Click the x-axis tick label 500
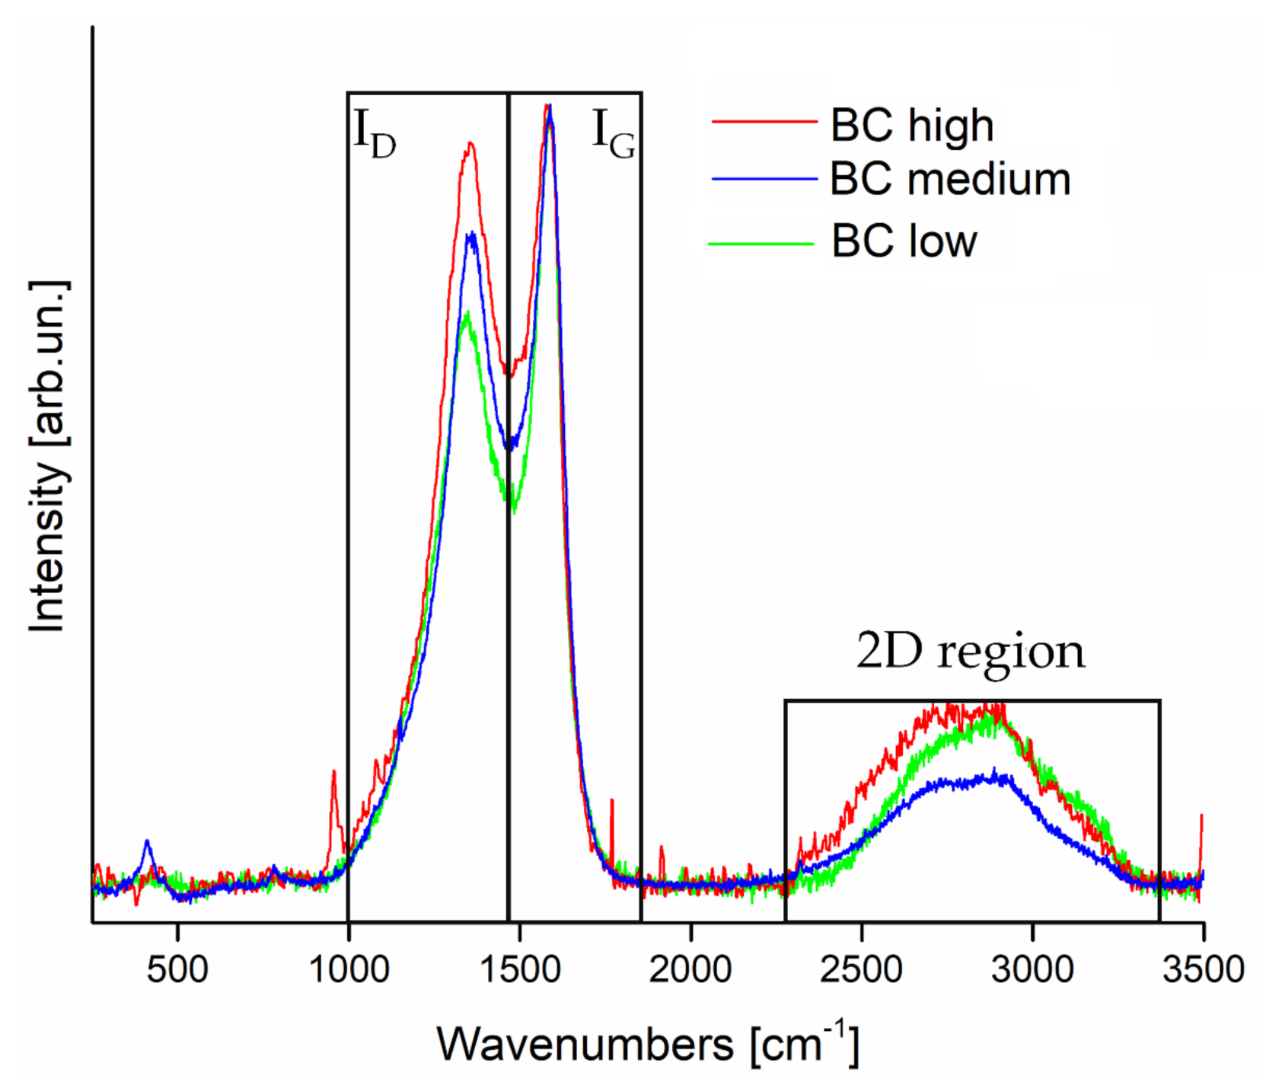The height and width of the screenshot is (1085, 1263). click(177, 969)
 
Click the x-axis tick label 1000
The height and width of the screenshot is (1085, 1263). click(349, 969)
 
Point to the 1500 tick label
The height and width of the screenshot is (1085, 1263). click(520, 969)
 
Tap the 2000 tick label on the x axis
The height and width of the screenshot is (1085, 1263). click(691, 969)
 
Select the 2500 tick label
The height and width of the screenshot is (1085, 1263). click(861, 969)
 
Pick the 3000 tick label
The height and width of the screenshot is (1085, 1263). click(1032, 969)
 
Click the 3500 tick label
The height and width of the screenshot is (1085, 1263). click(1203, 969)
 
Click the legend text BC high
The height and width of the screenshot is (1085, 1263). click(911, 125)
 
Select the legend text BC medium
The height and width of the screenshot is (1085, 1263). click(949, 180)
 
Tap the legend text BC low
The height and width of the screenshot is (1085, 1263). click(903, 241)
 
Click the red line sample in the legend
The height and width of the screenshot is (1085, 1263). click(764, 120)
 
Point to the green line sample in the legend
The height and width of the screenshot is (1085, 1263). click(761, 244)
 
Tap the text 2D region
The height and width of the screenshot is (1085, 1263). click(970, 652)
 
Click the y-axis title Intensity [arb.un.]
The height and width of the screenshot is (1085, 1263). click(47, 457)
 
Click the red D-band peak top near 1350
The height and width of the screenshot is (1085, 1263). click(470, 143)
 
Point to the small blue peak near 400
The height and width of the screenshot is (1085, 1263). click(147, 841)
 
